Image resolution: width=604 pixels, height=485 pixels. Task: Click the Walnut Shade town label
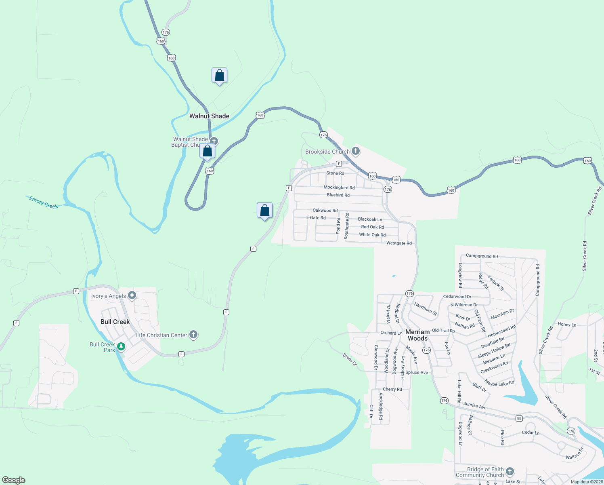click(x=209, y=116)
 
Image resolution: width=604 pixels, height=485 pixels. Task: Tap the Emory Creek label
click(x=44, y=202)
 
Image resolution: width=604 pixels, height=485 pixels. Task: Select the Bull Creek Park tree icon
click(x=121, y=347)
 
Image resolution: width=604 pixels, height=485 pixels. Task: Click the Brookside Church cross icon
click(x=355, y=151)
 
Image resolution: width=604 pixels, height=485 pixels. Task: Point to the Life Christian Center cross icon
click(x=193, y=335)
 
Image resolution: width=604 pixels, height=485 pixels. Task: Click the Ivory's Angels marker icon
click(x=132, y=295)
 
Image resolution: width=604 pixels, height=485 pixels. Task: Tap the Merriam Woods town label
click(x=417, y=335)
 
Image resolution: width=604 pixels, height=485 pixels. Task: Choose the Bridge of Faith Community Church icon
click(x=510, y=472)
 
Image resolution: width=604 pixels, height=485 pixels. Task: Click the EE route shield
click(x=519, y=418)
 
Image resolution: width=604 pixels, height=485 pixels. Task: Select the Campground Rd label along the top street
click(x=482, y=256)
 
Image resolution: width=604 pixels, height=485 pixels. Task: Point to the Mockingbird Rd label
click(x=339, y=188)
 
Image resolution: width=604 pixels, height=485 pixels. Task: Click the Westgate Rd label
click(x=399, y=243)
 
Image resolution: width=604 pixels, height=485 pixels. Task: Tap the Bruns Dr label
click(x=350, y=359)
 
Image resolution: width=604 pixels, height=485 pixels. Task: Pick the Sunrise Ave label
click(x=475, y=405)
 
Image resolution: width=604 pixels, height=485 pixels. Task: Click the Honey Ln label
click(x=567, y=324)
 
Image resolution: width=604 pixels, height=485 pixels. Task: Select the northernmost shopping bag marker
click(x=219, y=76)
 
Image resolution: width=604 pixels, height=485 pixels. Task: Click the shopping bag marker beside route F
click(x=264, y=211)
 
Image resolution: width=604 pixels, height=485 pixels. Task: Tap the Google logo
click(x=13, y=480)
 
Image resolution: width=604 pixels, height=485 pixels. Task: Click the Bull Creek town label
click(x=115, y=322)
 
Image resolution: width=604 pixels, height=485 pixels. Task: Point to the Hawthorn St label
click(x=426, y=309)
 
